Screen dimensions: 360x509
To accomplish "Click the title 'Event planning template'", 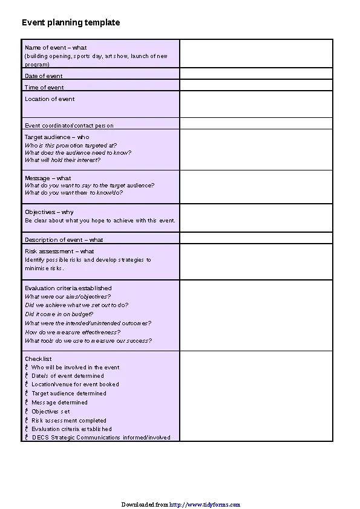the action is [71, 22].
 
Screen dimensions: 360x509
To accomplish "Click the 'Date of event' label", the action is [44, 76].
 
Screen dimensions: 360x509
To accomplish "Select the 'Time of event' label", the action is [44, 88].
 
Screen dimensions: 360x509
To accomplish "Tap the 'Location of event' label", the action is [50, 99].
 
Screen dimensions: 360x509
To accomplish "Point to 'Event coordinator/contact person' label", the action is [69, 126].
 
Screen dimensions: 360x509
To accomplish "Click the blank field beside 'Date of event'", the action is [256, 74].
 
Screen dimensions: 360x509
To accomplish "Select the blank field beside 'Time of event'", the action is [256, 85].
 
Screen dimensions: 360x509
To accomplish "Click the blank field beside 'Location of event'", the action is [256, 104].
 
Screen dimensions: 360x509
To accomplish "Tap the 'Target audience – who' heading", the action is [57, 137].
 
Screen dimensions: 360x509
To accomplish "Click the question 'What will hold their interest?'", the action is [62, 160].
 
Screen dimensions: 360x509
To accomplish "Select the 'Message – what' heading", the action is [48, 178].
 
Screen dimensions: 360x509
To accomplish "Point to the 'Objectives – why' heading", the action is [49, 212].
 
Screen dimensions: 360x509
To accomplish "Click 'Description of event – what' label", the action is [64, 240].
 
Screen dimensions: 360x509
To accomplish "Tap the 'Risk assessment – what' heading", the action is [59, 251].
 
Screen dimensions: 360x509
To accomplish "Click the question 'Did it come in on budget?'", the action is [59, 314].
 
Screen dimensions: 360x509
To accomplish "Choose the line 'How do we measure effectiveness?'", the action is [73, 332].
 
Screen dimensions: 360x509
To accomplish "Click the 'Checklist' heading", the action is [38, 359].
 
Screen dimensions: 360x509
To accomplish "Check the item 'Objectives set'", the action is [51, 412].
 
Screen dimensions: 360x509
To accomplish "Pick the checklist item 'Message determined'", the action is [59, 403].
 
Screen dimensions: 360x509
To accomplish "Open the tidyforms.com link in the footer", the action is [205, 504].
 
